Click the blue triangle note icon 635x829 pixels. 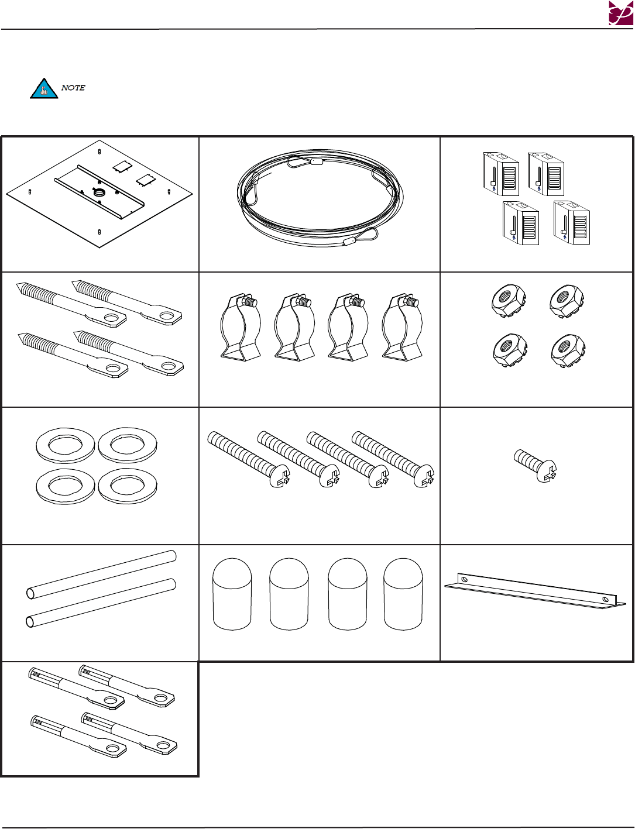tap(44, 89)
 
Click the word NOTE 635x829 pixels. tap(73, 88)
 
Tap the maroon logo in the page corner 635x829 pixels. tap(620, 13)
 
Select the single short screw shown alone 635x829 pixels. tap(535, 466)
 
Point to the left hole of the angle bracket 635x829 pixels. tap(464, 580)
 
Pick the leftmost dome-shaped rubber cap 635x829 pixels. tap(232, 594)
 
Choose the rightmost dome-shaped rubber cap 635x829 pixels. tap(403, 594)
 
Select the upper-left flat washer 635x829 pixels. tap(65, 445)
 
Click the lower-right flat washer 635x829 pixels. tap(128, 486)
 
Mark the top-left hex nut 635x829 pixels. tap(509, 301)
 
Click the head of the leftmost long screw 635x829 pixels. tap(280, 476)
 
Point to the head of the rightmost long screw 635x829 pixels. tap(424, 476)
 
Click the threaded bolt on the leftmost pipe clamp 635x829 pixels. tap(249, 302)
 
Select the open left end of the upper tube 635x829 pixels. tap(30, 593)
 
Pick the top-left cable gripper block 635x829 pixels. tap(500, 174)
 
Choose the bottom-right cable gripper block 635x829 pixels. tap(572, 222)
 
